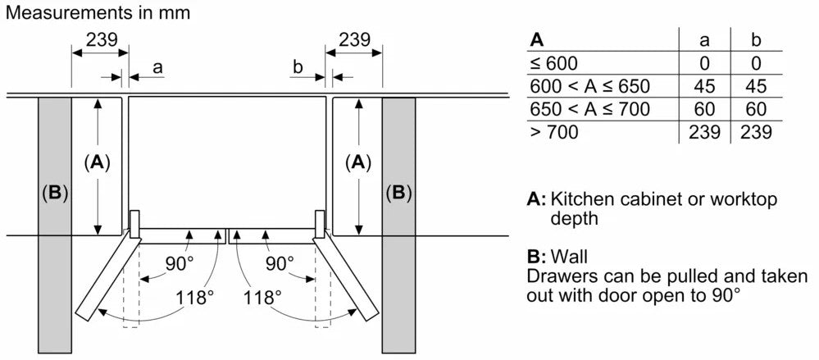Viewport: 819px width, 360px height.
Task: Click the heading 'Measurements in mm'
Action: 98,12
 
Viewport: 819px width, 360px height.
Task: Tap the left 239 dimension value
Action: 102,39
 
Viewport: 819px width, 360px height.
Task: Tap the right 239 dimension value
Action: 353,39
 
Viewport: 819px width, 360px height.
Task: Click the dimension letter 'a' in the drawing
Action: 157,66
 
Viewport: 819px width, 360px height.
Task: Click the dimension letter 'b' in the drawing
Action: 298,66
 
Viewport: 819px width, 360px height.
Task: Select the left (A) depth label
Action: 97,162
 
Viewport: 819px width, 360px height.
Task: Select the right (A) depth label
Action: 357,162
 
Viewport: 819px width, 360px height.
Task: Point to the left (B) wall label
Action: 54,194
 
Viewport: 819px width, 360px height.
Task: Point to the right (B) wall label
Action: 398,194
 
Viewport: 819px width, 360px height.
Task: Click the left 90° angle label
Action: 178,264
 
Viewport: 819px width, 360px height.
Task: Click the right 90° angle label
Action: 279,264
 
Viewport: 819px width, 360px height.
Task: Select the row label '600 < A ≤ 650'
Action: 589,86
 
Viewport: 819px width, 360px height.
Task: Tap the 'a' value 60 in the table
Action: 704,109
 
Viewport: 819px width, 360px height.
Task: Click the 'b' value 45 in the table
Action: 756,86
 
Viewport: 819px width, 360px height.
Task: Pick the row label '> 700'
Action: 553,132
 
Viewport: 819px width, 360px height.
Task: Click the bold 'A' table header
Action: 537,39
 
